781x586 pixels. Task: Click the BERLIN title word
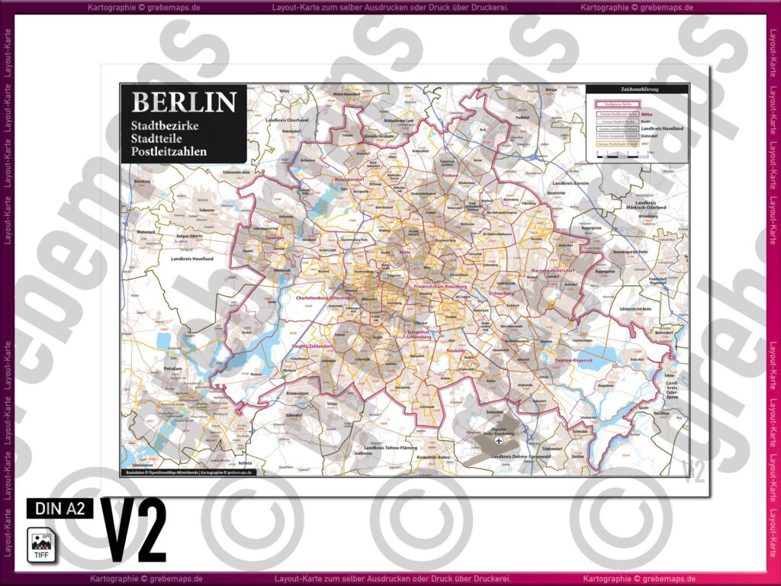click(184, 103)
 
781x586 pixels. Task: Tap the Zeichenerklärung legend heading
click(637, 89)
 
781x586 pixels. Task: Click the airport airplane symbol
click(500, 440)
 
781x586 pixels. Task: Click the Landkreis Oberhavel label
click(287, 121)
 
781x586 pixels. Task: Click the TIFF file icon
click(42, 545)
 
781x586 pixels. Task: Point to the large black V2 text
click(133, 532)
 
